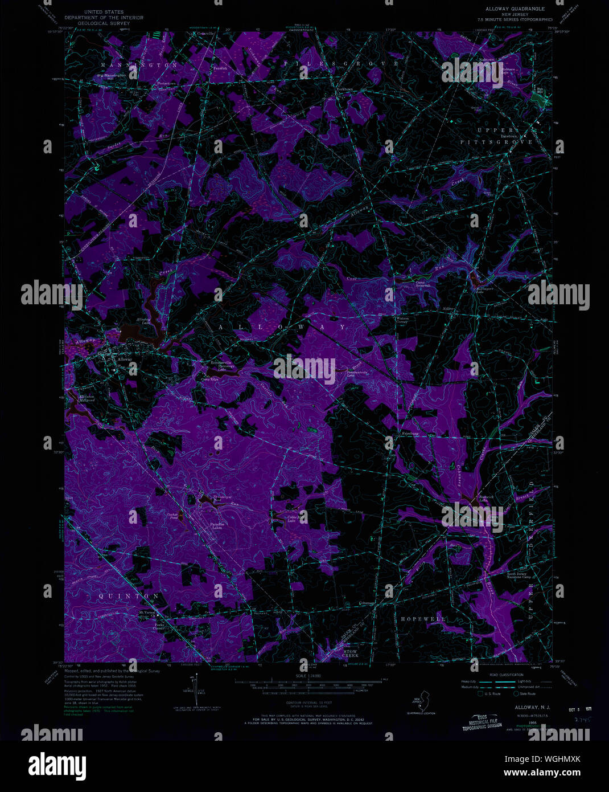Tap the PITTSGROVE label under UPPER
pyautogui.click(x=496, y=142)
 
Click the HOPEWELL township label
pyautogui.click(x=423, y=619)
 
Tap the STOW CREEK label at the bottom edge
pyautogui.click(x=351, y=654)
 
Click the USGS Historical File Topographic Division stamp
pyautogui.click(x=482, y=723)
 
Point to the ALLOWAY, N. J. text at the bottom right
pyautogui.click(x=524, y=707)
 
